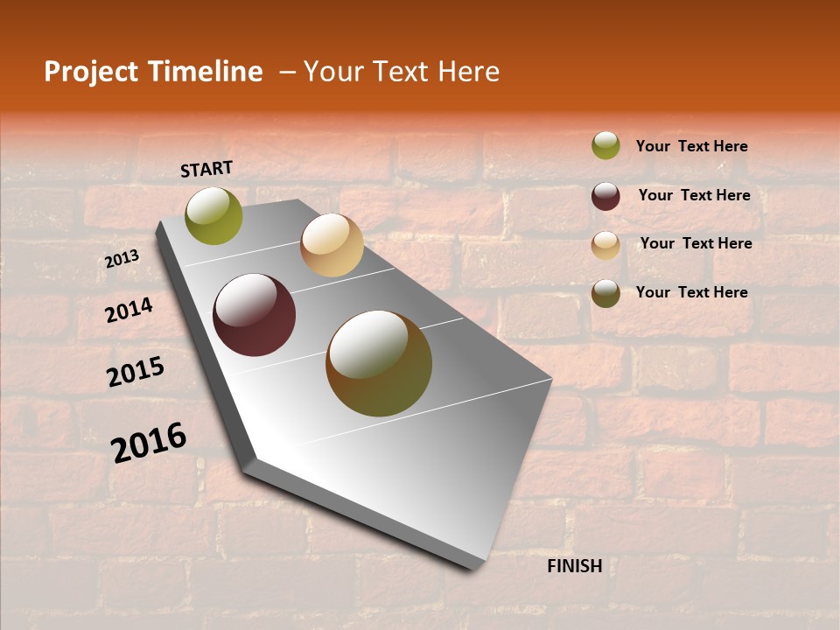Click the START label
coord(206,169)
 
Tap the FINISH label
coord(575,566)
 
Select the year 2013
coord(122,259)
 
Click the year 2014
coord(129,310)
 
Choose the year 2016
coord(149,442)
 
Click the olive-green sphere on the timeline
coord(214,215)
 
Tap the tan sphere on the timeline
coord(332,245)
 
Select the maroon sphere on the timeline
coord(255,315)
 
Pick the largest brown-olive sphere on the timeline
coord(379,363)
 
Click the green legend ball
coord(605,145)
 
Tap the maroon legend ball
coord(605,196)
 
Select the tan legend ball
coord(605,245)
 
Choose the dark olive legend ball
coord(605,293)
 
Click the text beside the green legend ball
coord(691,146)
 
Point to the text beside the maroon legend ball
coord(694,195)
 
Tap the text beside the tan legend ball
coord(696,243)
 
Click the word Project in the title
coord(92,72)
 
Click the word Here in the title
coord(468,72)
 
